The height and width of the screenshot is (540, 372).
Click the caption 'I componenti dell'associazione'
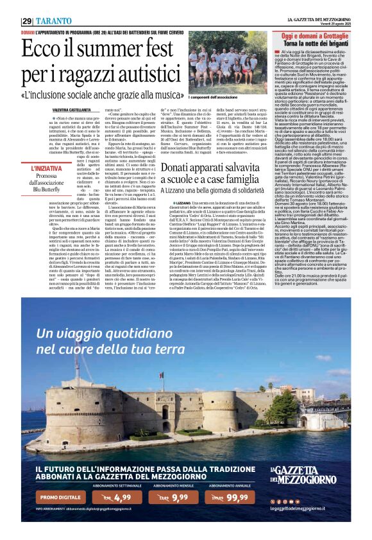212,96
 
